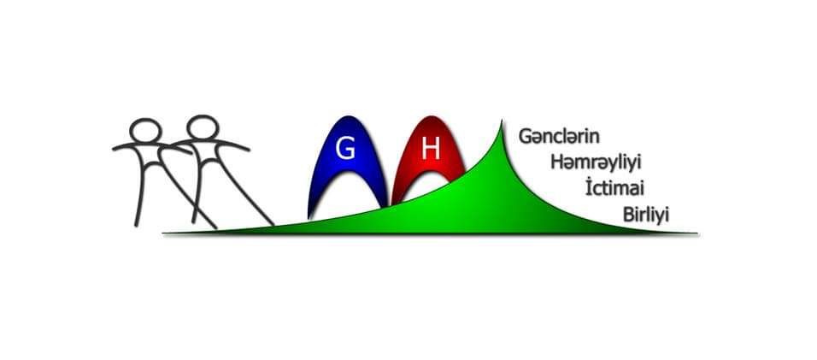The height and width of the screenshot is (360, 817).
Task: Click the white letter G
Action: coord(345,149)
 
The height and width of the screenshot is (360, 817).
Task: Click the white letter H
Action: coord(431,149)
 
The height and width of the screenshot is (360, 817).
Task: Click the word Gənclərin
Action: coord(559,137)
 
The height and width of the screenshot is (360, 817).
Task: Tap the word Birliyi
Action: coord(645,215)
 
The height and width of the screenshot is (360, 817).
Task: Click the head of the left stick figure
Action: coord(144,130)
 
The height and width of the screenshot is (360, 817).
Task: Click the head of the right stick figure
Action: coord(203,127)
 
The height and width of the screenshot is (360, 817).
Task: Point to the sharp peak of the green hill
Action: coord(502,121)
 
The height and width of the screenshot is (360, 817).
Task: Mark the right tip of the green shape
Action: coord(697,233)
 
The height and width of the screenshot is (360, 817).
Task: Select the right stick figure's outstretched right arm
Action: coord(233,145)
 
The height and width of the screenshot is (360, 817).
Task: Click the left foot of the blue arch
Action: coord(311,215)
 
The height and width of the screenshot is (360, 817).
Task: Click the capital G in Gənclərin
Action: coord(526,137)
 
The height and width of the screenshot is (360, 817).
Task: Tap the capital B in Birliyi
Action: coord(628,215)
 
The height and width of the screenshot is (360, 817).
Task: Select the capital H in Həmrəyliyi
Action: coord(557,162)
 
